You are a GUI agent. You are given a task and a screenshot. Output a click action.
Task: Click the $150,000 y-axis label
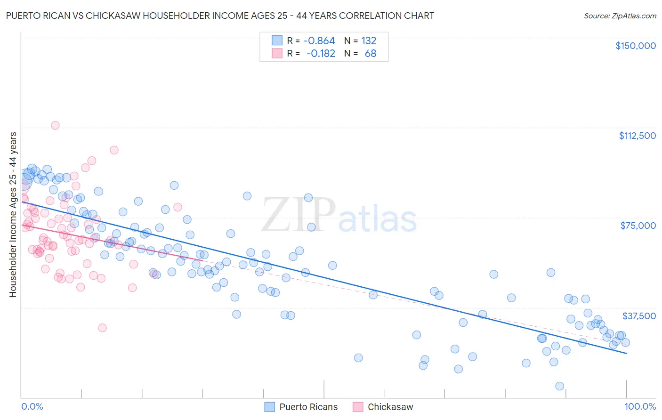coord(635,46)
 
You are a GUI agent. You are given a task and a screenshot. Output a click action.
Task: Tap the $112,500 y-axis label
coord(637,136)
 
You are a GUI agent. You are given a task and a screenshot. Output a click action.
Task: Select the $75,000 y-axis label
coord(638,226)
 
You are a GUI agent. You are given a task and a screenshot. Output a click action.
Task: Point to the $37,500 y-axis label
coord(639,316)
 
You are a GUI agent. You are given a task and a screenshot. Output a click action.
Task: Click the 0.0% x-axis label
coord(32,406)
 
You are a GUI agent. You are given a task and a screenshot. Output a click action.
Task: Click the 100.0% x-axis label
coord(640,406)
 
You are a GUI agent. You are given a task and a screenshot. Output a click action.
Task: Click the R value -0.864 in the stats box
coord(319,40)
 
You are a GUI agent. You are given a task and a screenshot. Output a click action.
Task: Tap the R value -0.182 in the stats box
coord(321,53)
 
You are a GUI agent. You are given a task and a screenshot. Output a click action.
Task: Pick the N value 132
coord(369,40)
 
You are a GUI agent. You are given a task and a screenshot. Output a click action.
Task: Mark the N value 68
coord(371,53)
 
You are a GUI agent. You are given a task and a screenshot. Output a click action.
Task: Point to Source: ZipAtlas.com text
coord(620,16)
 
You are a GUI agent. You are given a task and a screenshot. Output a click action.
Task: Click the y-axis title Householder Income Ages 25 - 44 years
coord(13,215)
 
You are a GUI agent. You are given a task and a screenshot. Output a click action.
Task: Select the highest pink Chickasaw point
coord(55,125)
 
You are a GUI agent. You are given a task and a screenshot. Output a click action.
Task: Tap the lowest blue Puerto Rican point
coord(559,386)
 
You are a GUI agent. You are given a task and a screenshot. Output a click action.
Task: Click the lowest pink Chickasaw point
coord(102,328)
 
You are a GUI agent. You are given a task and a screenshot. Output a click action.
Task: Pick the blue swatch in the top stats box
coord(277,40)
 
